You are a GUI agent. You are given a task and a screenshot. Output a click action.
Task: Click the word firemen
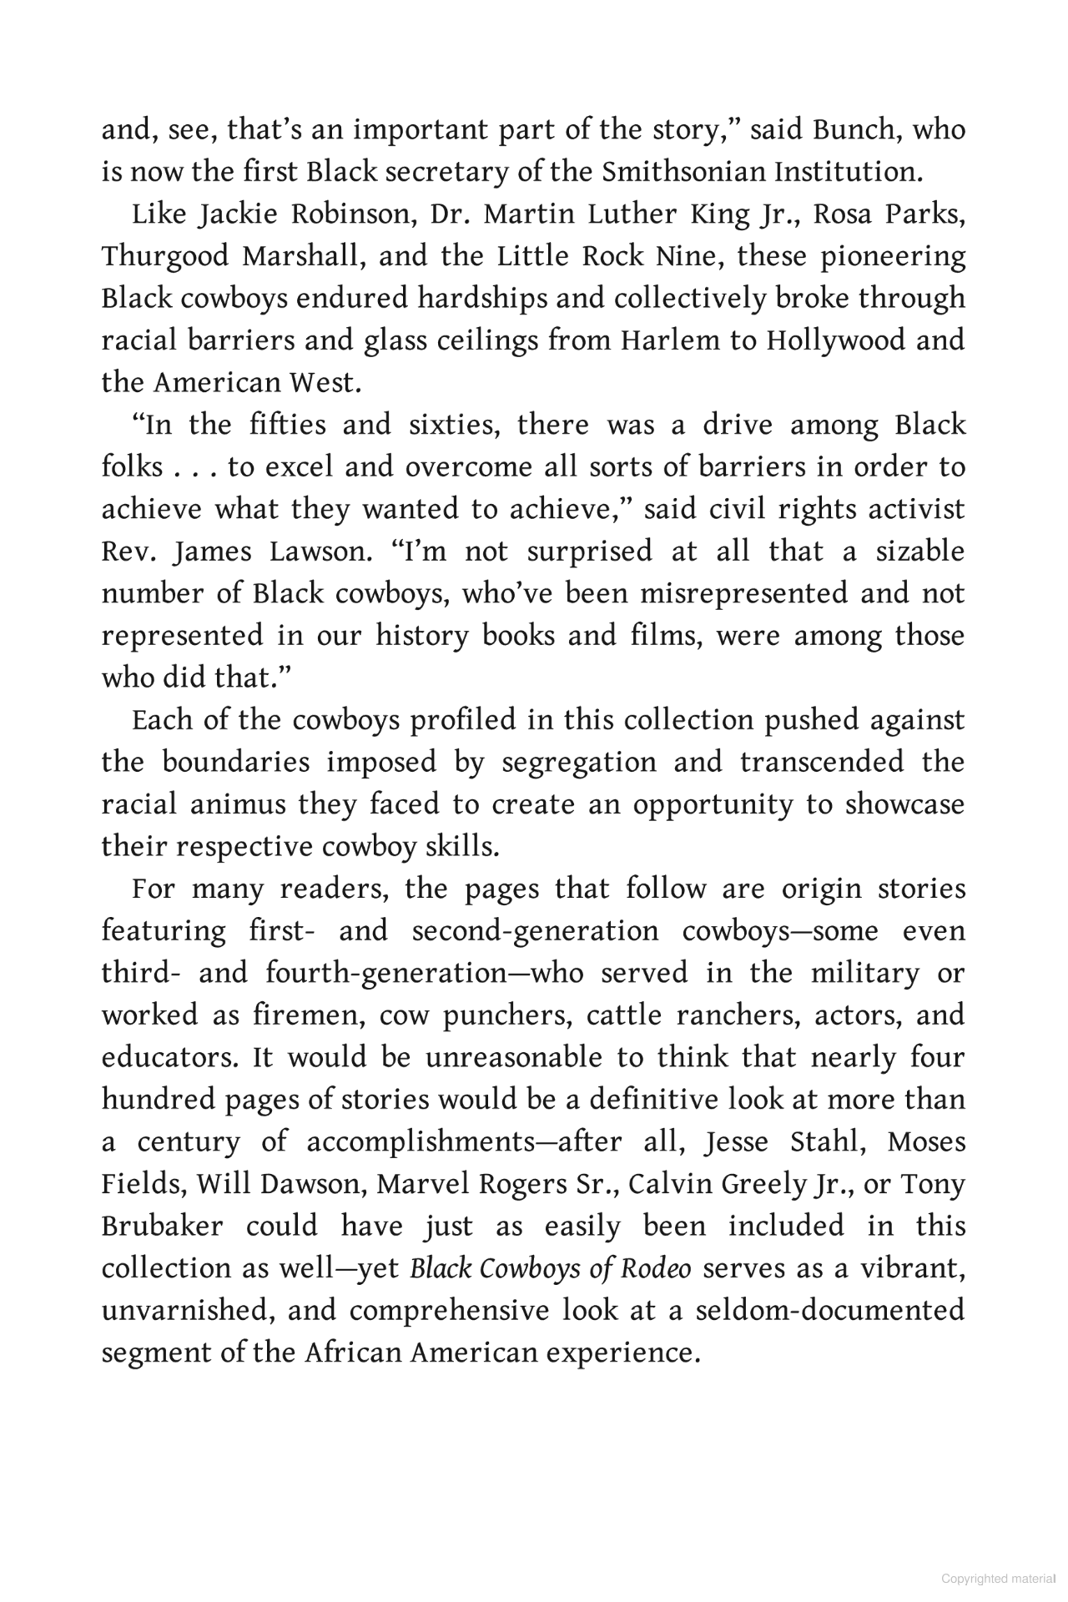click(304, 1016)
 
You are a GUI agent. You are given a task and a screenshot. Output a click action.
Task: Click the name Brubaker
click(163, 1227)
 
